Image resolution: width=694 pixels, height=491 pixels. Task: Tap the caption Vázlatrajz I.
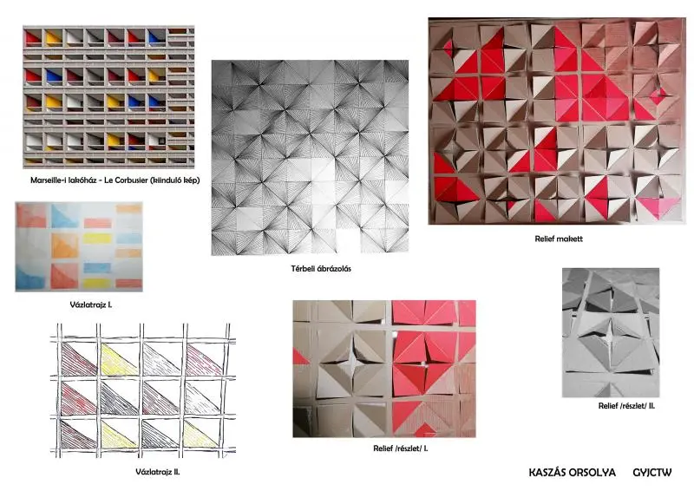91,304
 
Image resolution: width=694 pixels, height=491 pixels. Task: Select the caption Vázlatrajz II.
158,472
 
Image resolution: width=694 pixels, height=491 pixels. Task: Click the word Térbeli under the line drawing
304,268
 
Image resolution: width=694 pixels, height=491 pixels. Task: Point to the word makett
571,239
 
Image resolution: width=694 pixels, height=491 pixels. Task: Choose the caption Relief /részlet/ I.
401,448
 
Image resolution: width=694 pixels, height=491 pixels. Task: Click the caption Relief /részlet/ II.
626,405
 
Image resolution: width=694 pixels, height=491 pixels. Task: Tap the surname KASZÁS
546,473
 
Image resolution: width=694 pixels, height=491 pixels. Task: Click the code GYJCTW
652,473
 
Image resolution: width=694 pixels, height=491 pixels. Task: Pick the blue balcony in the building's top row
156,37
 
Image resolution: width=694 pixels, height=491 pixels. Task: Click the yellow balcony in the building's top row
54,37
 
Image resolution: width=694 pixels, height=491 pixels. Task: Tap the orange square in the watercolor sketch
64,245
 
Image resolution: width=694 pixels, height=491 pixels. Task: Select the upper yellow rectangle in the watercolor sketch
97,239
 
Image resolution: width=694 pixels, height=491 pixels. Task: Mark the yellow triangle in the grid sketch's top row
118,359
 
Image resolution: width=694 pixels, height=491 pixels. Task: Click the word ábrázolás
335,268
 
